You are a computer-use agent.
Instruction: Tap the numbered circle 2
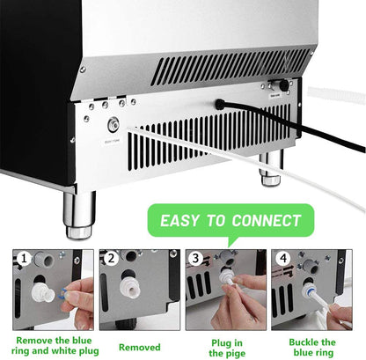[111, 259]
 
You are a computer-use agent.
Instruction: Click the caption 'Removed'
[138, 346]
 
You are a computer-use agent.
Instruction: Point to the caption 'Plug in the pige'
[227, 346]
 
